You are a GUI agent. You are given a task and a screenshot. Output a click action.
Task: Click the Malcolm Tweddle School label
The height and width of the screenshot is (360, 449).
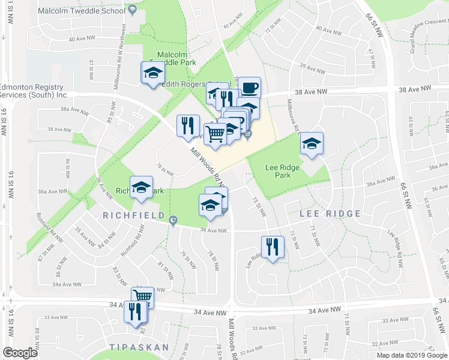80,11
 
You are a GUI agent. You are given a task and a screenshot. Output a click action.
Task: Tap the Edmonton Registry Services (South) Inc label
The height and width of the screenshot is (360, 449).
33,91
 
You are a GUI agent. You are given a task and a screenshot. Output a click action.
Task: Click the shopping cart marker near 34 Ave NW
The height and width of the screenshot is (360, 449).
143,296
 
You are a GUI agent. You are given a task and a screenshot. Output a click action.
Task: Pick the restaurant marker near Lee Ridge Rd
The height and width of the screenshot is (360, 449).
273,246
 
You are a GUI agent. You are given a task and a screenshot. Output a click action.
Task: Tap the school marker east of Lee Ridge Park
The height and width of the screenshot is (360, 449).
312,143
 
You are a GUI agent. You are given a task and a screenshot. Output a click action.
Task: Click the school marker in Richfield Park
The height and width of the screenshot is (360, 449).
142,187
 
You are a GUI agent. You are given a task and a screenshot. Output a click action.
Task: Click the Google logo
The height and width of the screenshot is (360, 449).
20,353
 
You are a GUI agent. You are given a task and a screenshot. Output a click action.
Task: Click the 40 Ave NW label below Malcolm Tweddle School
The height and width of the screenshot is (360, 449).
82,38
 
